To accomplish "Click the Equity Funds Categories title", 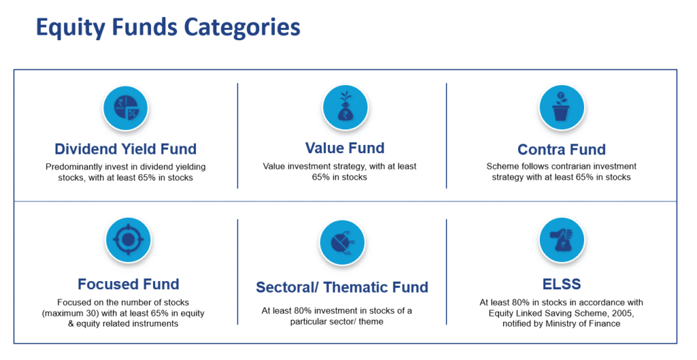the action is [168, 27].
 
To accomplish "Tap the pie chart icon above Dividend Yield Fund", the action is [125, 108].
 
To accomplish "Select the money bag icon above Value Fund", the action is [345, 108].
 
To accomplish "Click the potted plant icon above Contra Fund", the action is [562, 107].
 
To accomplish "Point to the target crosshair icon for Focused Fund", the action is [128, 240].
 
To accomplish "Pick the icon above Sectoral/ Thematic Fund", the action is [342, 243].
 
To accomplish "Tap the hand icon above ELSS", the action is [562, 240].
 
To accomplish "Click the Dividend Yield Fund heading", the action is [125, 149].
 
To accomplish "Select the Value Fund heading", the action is [344, 148].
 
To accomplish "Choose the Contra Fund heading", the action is [562, 149].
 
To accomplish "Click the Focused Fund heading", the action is [129, 284].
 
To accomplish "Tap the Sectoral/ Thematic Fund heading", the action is [342, 287].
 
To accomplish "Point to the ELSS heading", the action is [562, 284].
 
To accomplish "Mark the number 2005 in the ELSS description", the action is [621, 313].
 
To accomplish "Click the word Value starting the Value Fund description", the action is [274, 166].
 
